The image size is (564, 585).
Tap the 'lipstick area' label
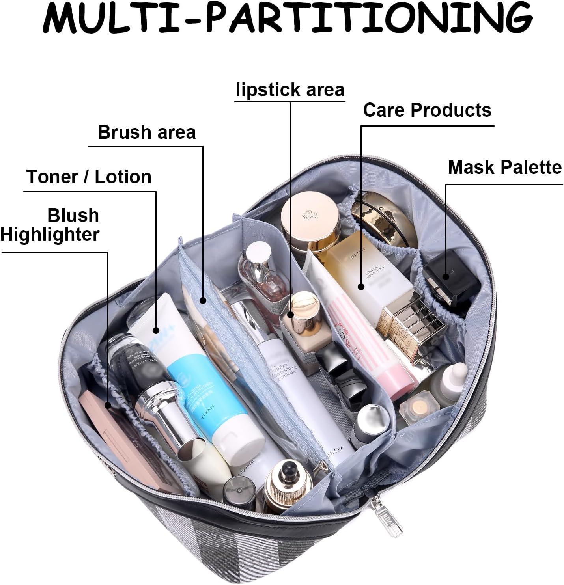[x=290, y=90]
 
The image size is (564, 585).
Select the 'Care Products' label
[x=427, y=110]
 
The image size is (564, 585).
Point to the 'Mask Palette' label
[x=504, y=167]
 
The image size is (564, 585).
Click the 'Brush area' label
[x=147, y=132]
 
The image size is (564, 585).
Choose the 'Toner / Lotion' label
[x=89, y=177]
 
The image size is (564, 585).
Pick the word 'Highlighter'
[x=50, y=234]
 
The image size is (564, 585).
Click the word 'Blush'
[x=73, y=215]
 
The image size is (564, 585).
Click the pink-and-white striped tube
[x=367, y=339]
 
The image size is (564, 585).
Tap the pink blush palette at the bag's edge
[x=118, y=442]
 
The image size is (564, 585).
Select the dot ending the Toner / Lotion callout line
[x=156, y=330]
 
